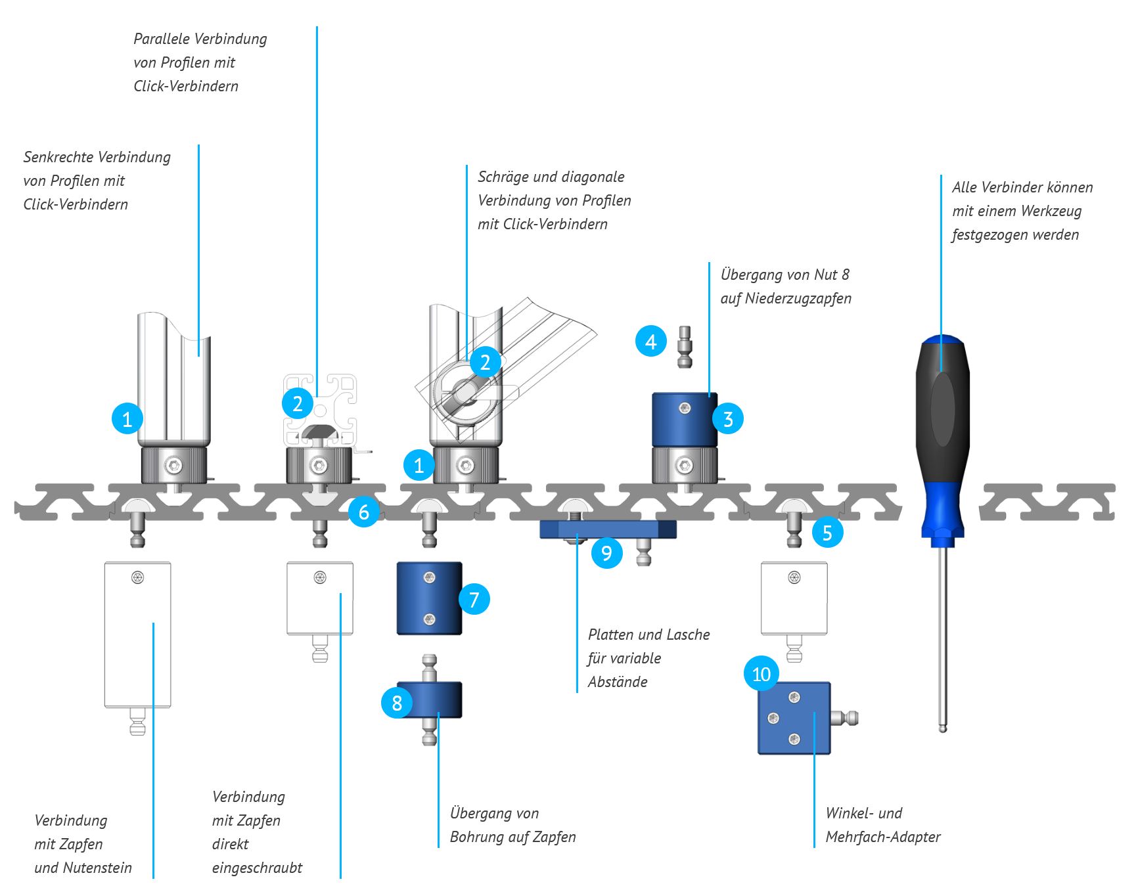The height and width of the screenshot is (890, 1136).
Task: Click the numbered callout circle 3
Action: (727, 418)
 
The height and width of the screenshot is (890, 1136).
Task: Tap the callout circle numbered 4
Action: (651, 342)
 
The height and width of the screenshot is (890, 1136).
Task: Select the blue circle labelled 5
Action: (827, 532)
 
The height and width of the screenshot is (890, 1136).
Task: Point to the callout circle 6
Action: (364, 512)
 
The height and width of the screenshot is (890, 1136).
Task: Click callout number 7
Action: (474, 599)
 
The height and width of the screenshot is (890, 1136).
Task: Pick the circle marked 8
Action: (397, 703)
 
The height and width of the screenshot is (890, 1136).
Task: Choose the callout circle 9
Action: (606, 553)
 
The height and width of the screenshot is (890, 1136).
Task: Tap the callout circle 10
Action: (761, 674)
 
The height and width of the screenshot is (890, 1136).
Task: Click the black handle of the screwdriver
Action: (942, 407)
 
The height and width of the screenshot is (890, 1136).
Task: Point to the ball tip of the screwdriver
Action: (943, 728)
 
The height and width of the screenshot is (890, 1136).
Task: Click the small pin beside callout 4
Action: (685, 346)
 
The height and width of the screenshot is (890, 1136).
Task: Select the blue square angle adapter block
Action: (794, 718)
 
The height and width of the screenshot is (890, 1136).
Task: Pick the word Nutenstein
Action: (98, 868)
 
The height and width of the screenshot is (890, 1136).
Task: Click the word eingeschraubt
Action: (257, 868)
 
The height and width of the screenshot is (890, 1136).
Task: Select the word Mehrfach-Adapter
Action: (883, 837)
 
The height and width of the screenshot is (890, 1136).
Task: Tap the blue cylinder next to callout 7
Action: (429, 598)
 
